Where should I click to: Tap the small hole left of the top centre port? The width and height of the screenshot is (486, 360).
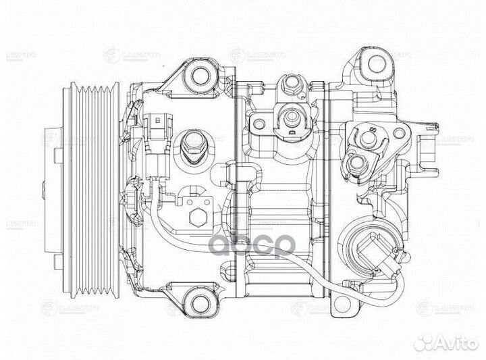click(257, 122)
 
